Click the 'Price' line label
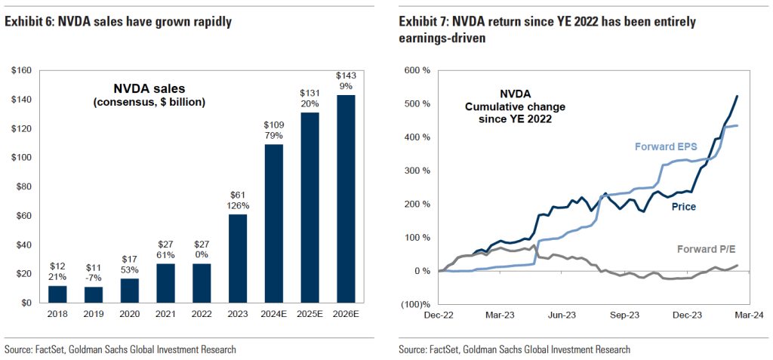tap(683, 206)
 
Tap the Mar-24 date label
tap(750, 318)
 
